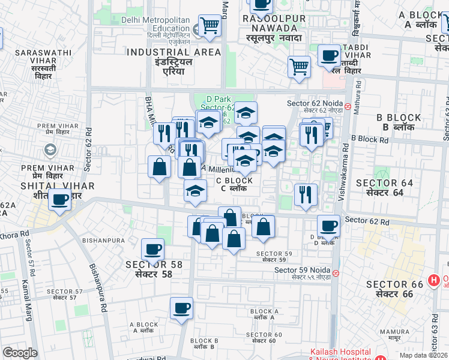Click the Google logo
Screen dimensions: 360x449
tap(20, 353)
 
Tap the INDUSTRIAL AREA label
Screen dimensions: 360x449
tap(166, 57)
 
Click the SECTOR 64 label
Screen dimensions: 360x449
tap(384, 187)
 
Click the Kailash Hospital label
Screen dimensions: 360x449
tap(340, 352)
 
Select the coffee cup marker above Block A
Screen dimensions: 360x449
tap(181, 308)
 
